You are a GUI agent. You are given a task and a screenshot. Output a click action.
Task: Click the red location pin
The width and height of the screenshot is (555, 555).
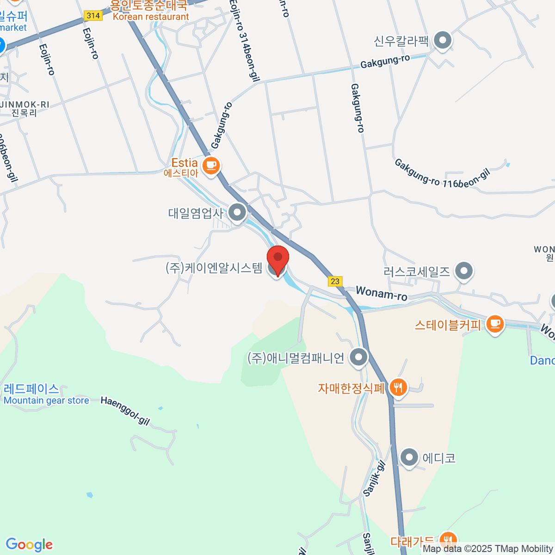click(278, 259)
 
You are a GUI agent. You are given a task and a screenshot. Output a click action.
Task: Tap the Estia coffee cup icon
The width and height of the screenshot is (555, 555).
click(211, 165)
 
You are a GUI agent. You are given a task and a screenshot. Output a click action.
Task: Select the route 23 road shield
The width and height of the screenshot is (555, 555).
click(335, 281)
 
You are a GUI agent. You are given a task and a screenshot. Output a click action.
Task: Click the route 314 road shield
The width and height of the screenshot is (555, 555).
click(93, 16)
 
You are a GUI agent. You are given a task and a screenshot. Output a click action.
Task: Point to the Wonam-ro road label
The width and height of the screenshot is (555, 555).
click(382, 293)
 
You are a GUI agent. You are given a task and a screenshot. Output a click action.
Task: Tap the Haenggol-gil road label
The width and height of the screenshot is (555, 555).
click(125, 410)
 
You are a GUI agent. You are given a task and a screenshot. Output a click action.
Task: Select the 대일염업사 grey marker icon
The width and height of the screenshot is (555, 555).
click(238, 213)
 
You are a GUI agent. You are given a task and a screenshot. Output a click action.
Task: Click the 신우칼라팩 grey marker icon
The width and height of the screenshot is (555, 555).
click(443, 41)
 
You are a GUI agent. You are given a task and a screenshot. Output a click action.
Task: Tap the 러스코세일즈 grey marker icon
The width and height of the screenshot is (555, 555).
click(463, 271)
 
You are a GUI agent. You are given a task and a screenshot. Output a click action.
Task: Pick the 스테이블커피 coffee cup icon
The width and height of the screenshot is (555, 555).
click(495, 323)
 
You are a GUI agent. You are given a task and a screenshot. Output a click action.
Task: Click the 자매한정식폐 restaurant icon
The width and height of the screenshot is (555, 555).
click(398, 387)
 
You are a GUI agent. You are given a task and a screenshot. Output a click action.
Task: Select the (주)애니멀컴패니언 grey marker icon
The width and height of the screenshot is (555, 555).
click(358, 358)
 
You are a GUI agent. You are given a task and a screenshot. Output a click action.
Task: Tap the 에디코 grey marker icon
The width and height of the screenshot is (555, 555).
click(409, 458)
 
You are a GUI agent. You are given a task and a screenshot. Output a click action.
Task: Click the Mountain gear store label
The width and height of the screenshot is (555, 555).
click(46, 401)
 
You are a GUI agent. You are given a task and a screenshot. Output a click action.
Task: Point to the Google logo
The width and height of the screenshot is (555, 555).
click(29, 545)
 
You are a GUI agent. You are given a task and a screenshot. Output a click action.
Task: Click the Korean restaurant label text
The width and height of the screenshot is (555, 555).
click(151, 17)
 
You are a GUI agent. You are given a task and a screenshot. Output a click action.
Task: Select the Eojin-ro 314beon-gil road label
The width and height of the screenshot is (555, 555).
click(244, 42)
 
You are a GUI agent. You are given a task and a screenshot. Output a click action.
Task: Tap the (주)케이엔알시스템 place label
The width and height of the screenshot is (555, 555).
click(214, 268)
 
